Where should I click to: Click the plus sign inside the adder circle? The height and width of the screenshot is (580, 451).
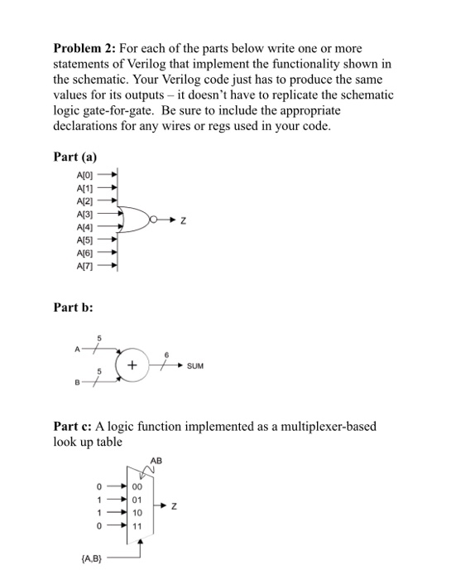[x=132, y=365]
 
